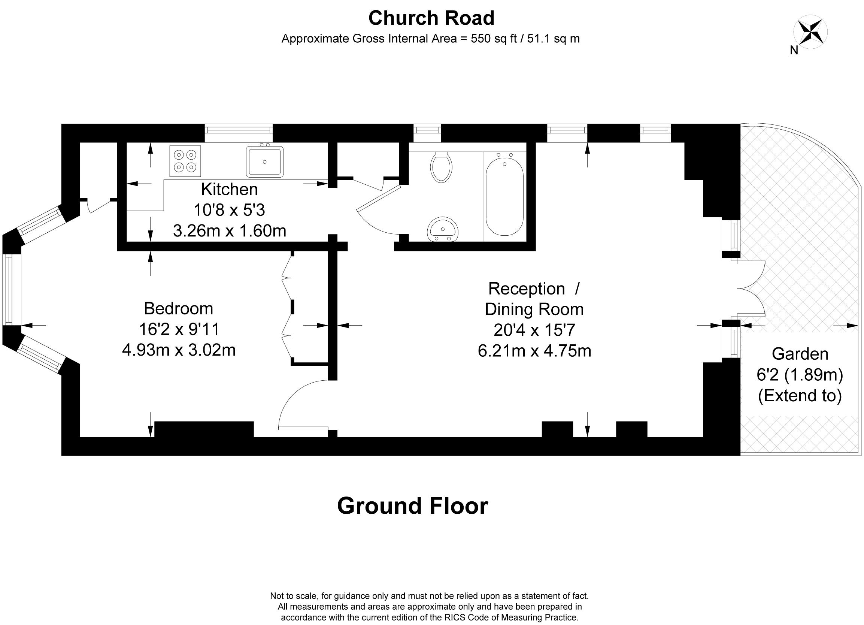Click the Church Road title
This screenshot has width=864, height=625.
431,18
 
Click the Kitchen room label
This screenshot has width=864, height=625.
229,189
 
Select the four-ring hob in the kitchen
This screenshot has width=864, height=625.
185,161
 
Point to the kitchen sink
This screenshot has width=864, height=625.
265,161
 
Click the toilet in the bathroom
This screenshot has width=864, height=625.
441,167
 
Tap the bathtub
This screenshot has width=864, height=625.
504,197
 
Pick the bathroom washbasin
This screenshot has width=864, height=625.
443,229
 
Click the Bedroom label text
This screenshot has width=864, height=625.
178,308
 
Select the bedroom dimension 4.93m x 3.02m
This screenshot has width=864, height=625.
179,350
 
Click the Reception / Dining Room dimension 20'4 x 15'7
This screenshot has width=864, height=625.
534,330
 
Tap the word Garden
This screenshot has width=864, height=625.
800,354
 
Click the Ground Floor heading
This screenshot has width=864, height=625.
413,506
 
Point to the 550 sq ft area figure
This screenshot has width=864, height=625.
494,39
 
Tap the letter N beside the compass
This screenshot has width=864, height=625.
794,50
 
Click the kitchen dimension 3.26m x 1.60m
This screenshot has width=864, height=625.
229,230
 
